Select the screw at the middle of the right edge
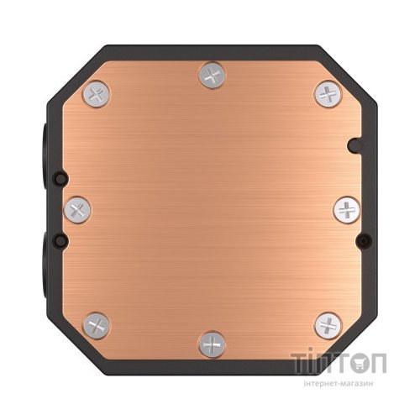[346, 208]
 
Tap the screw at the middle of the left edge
[76, 207]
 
